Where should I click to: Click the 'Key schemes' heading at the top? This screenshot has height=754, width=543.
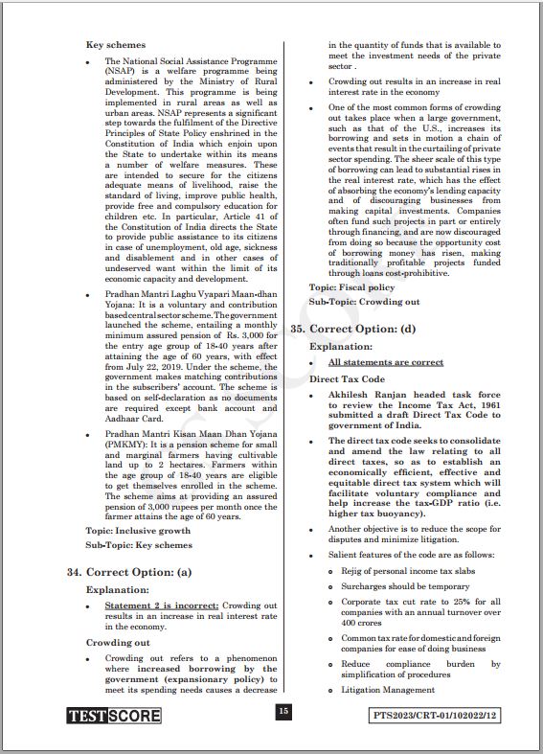pyautogui.click(x=116, y=45)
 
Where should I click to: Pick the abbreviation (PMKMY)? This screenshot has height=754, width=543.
pyautogui.click(x=128, y=443)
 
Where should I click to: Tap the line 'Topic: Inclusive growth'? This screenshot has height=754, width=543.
pyautogui.click(x=138, y=530)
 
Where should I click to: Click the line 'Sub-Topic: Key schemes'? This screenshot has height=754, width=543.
pyautogui.click(x=138, y=545)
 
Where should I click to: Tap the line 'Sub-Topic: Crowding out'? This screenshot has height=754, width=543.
pyautogui.click(x=364, y=302)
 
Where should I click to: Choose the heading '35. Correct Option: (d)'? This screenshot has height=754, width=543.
pyautogui.click(x=353, y=329)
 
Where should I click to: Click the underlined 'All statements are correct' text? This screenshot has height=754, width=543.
pyautogui.click(x=386, y=362)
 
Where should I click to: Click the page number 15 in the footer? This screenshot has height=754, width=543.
pyautogui.click(x=283, y=711)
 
